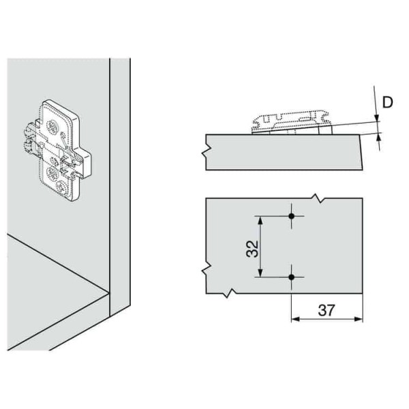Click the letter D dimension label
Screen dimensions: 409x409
(x=387, y=103)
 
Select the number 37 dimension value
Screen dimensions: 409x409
(x=327, y=310)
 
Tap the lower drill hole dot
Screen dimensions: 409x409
(x=292, y=277)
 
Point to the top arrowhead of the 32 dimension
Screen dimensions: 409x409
(x=259, y=220)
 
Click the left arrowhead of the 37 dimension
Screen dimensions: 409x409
(x=296, y=319)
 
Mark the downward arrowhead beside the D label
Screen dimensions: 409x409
(x=378, y=117)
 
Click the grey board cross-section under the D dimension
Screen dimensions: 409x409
(x=286, y=151)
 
